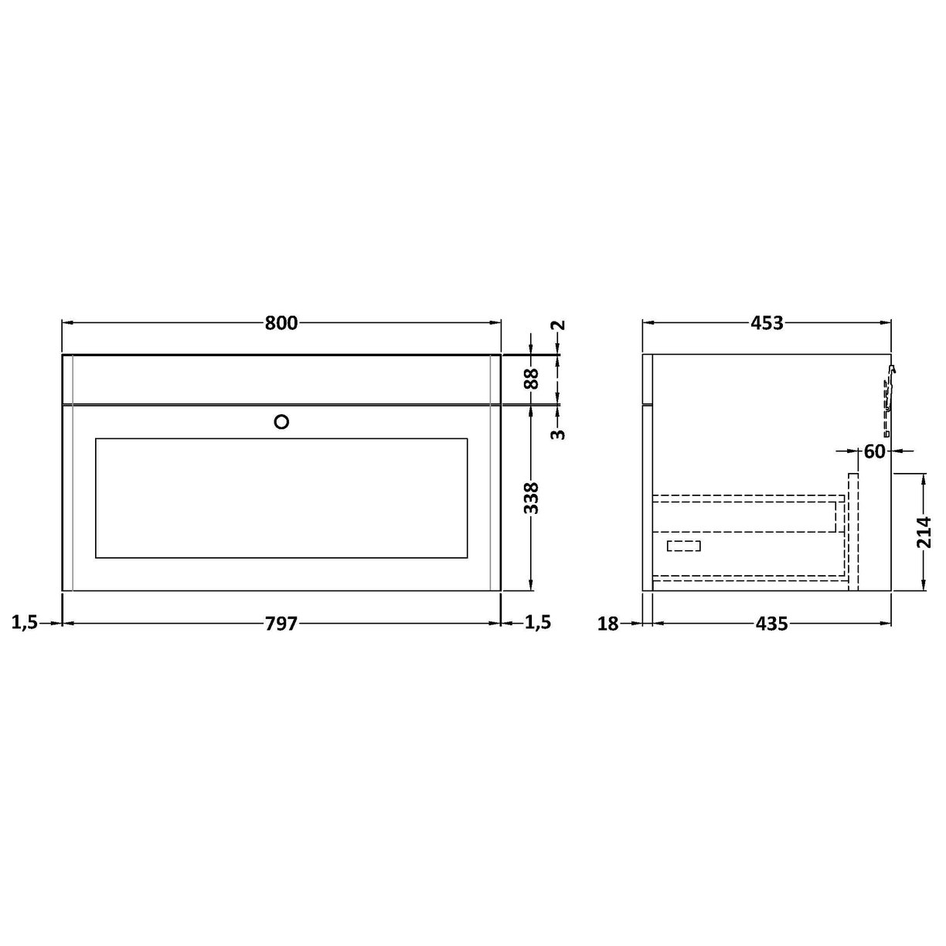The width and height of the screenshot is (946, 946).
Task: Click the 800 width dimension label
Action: pyautogui.click(x=281, y=323)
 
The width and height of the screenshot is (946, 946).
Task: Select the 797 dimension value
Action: pyautogui.click(x=281, y=624)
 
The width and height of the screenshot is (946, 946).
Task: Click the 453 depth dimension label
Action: pyautogui.click(x=767, y=323)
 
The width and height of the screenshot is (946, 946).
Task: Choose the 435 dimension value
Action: pyautogui.click(x=772, y=624)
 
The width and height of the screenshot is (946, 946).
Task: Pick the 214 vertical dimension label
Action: pyautogui.click(x=925, y=533)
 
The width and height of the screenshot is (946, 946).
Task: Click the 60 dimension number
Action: pyautogui.click(x=874, y=451)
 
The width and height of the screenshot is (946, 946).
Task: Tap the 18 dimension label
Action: pyautogui.click(x=608, y=624)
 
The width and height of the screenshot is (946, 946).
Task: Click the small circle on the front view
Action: pyautogui.click(x=282, y=421)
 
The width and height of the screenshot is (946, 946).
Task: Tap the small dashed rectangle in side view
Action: pyautogui.click(x=684, y=546)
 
